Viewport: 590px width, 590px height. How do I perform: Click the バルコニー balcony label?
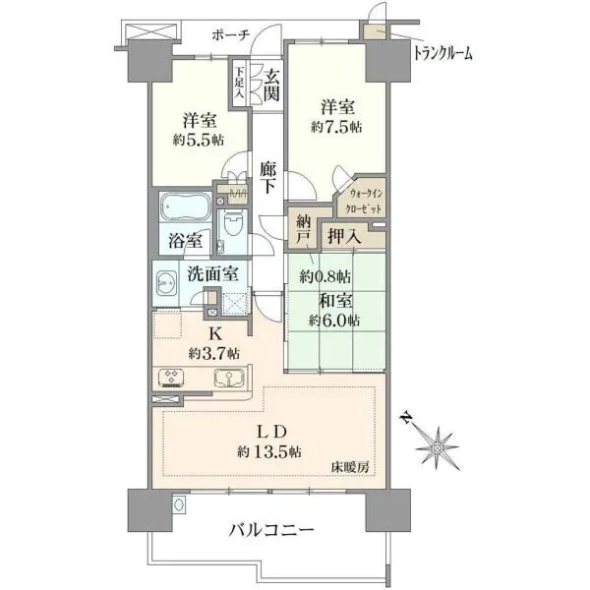[271, 530]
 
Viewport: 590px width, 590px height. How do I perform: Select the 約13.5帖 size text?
[269, 451]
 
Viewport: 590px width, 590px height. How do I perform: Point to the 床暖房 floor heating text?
[350, 468]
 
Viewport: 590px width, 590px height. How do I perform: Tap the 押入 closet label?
[345, 236]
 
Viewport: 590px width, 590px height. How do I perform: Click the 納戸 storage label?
[303, 229]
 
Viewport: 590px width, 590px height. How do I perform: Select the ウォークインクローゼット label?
[366, 202]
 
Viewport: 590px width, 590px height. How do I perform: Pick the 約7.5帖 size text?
[336, 127]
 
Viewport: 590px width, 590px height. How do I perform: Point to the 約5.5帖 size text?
[199, 141]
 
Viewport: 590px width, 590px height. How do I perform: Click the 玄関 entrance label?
[271, 86]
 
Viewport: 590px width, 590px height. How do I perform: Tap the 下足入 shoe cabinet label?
[240, 83]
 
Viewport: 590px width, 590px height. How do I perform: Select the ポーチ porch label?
[231, 35]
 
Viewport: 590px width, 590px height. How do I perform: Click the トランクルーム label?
[442, 53]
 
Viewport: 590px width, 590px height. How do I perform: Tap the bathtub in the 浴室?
[185, 207]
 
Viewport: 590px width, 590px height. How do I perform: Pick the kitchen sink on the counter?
[229, 379]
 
